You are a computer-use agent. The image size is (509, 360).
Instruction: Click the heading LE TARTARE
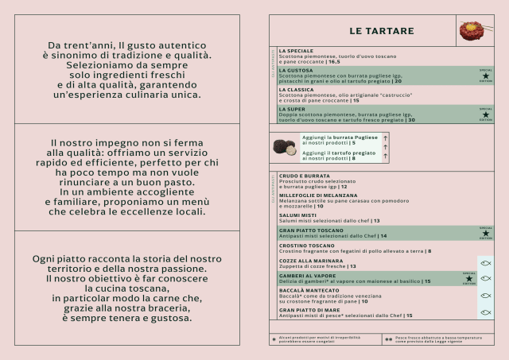[382, 31]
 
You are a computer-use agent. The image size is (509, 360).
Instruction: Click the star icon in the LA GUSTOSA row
[485, 76]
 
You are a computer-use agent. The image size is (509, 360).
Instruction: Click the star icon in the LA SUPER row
[485, 114]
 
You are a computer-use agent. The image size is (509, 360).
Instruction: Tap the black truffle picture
[285, 147]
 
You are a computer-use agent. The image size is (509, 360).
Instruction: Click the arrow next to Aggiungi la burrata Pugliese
[385, 138]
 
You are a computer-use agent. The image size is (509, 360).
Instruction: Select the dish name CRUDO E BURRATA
[303, 176]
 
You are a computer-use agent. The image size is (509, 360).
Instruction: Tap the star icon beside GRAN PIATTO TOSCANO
[485, 234]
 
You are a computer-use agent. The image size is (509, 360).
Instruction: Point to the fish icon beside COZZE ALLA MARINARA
[485, 263]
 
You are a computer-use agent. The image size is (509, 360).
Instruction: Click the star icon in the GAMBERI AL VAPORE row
[468, 279]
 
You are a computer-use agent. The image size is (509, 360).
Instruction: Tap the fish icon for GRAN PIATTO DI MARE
[485, 312]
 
